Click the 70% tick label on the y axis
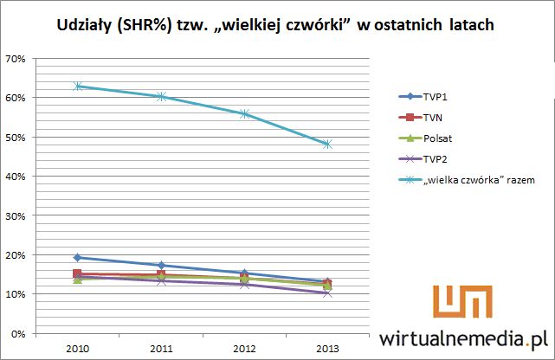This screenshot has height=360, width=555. pyautogui.click(x=16, y=59)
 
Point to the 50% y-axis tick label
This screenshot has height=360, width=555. pyautogui.click(x=16, y=138)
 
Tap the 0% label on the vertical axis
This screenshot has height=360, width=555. pyautogui.click(x=19, y=333)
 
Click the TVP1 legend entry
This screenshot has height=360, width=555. pyautogui.click(x=438, y=97)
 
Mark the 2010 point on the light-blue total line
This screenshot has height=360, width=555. pyautogui.click(x=78, y=87)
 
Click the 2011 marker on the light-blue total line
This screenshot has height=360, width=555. pyautogui.click(x=161, y=97)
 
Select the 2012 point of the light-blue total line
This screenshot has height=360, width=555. pyautogui.click(x=244, y=113)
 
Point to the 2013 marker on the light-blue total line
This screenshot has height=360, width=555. pyautogui.click(x=327, y=145)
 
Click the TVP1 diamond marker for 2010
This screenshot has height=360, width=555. pyautogui.click(x=78, y=257)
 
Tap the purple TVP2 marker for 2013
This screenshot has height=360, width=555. pyautogui.click(x=327, y=293)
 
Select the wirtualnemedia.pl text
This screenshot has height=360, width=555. pyautogui.click(x=465, y=337)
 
